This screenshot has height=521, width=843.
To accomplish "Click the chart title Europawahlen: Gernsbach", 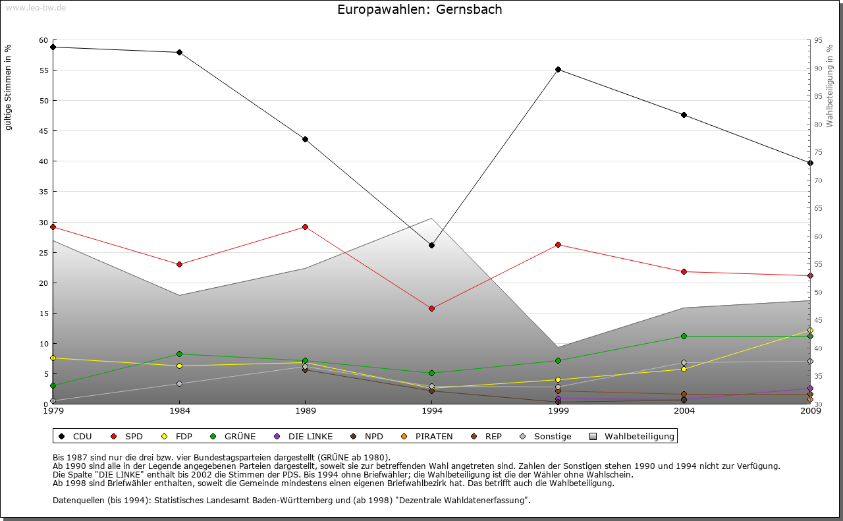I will [420, 9].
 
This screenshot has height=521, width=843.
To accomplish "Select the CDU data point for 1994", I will [431, 245].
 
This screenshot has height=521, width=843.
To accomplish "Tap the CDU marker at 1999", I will [558, 69].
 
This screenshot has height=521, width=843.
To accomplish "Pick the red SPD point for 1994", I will [431, 308].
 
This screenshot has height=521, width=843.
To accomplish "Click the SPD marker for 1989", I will [305, 227].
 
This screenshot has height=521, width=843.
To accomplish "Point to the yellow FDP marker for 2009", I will [810, 330].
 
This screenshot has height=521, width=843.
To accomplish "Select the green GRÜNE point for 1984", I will [179, 354].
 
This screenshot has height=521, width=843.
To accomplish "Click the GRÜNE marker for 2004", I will [684, 336].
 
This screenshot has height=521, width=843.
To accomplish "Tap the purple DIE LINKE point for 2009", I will [810, 388].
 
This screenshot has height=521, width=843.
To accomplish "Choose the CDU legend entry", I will [75, 436].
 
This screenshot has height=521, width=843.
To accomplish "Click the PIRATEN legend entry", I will [427, 436].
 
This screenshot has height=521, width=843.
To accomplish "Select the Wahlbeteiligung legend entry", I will [632, 436].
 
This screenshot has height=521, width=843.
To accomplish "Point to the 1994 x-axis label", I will [431, 412].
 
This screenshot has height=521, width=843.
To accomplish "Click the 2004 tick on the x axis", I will [684, 412].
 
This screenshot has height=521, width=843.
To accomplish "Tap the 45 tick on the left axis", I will [43, 131].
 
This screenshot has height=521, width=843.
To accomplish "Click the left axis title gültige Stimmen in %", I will [9, 87].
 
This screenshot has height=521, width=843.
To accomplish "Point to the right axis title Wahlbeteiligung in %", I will [830, 86].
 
